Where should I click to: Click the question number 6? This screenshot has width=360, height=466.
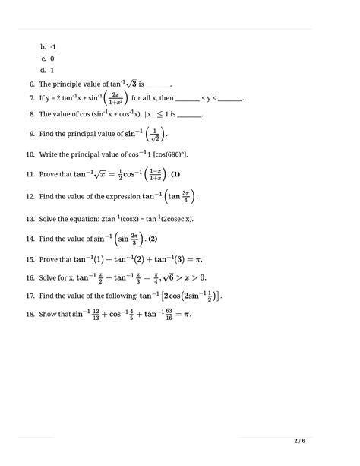pos(31,84)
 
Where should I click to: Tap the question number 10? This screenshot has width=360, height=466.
pos(30,154)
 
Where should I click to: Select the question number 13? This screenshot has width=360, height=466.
pos(30,219)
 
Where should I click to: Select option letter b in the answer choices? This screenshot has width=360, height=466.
pos(43,46)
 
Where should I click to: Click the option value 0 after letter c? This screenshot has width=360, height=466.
pos(52,59)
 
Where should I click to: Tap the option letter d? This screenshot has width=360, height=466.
pos(43,71)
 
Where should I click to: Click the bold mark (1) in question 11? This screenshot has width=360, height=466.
pos(175,175)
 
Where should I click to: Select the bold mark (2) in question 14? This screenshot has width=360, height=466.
pos(153,239)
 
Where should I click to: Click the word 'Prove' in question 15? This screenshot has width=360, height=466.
pos(49,260)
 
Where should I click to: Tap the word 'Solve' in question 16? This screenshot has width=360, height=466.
pos(49,278)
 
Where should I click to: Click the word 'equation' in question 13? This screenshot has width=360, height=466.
pos(87,219)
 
